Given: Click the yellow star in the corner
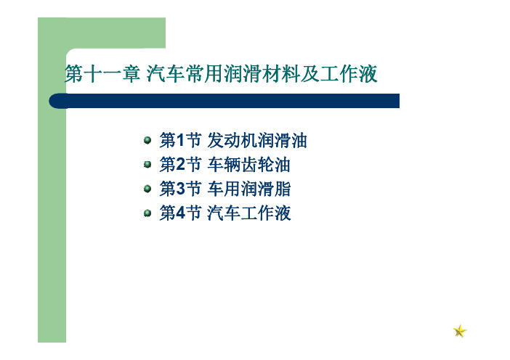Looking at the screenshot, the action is coord(460,331).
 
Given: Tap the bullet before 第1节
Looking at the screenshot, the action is coord(147,140).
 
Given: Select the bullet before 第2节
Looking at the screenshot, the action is coord(147,165).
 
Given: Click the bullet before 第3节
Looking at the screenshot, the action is coord(147,189).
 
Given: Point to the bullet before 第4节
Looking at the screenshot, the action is coord(147,213).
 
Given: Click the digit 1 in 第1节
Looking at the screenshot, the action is coord(180,140).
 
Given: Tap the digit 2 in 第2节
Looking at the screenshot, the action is coord(180,165).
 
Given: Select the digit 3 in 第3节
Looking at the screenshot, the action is coord(180,189).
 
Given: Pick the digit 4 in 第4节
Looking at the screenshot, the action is coord(180,213).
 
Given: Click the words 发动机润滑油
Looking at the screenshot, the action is coord(257,140).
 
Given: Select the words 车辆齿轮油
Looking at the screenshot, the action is coord(248,165).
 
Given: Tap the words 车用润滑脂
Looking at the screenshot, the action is coord(248,189).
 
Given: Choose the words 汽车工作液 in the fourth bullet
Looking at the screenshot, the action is coord(248,213).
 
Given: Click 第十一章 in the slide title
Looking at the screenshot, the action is coord(102,74).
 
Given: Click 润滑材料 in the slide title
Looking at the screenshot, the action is coord(262,74).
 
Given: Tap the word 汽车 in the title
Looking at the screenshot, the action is coord(166,74).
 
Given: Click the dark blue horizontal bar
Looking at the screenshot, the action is coord(224,101).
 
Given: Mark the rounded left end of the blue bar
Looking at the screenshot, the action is coord(49,101).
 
